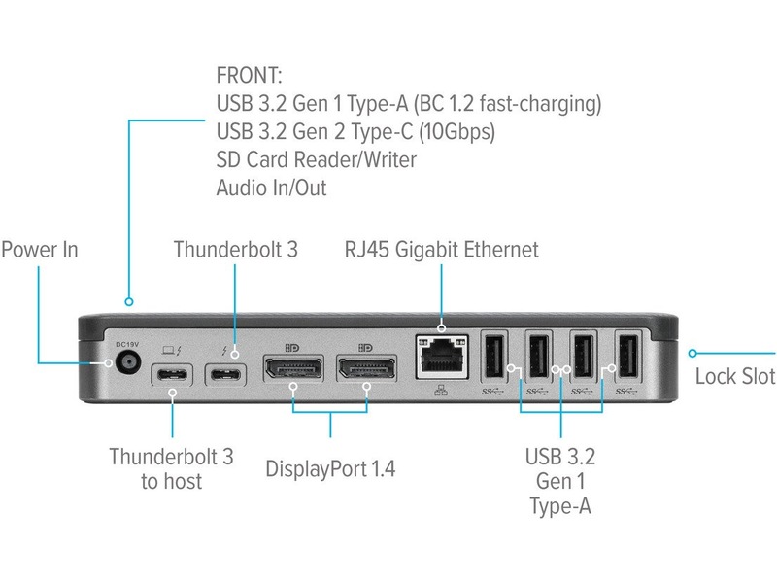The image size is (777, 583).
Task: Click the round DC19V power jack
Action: pyautogui.click(x=126, y=365)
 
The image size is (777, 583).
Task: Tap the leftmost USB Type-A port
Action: pyautogui.click(x=492, y=357)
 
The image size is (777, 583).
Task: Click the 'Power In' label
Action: pyautogui.click(x=39, y=250)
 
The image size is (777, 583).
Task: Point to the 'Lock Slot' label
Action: pyautogui.click(x=735, y=376)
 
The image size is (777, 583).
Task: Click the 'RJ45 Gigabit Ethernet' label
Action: pyautogui.click(x=441, y=250)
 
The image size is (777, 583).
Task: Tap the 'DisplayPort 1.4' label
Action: pyautogui.click(x=331, y=468)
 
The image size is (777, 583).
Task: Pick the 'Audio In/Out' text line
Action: pyautogui.click(x=271, y=188)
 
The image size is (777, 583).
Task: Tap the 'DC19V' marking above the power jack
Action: pyautogui.click(x=126, y=344)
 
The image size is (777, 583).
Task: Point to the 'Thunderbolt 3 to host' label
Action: pyautogui.click(x=171, y=468)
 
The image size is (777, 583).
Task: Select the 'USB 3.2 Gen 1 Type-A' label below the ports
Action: pyautogui.click(x=560, y=480)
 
